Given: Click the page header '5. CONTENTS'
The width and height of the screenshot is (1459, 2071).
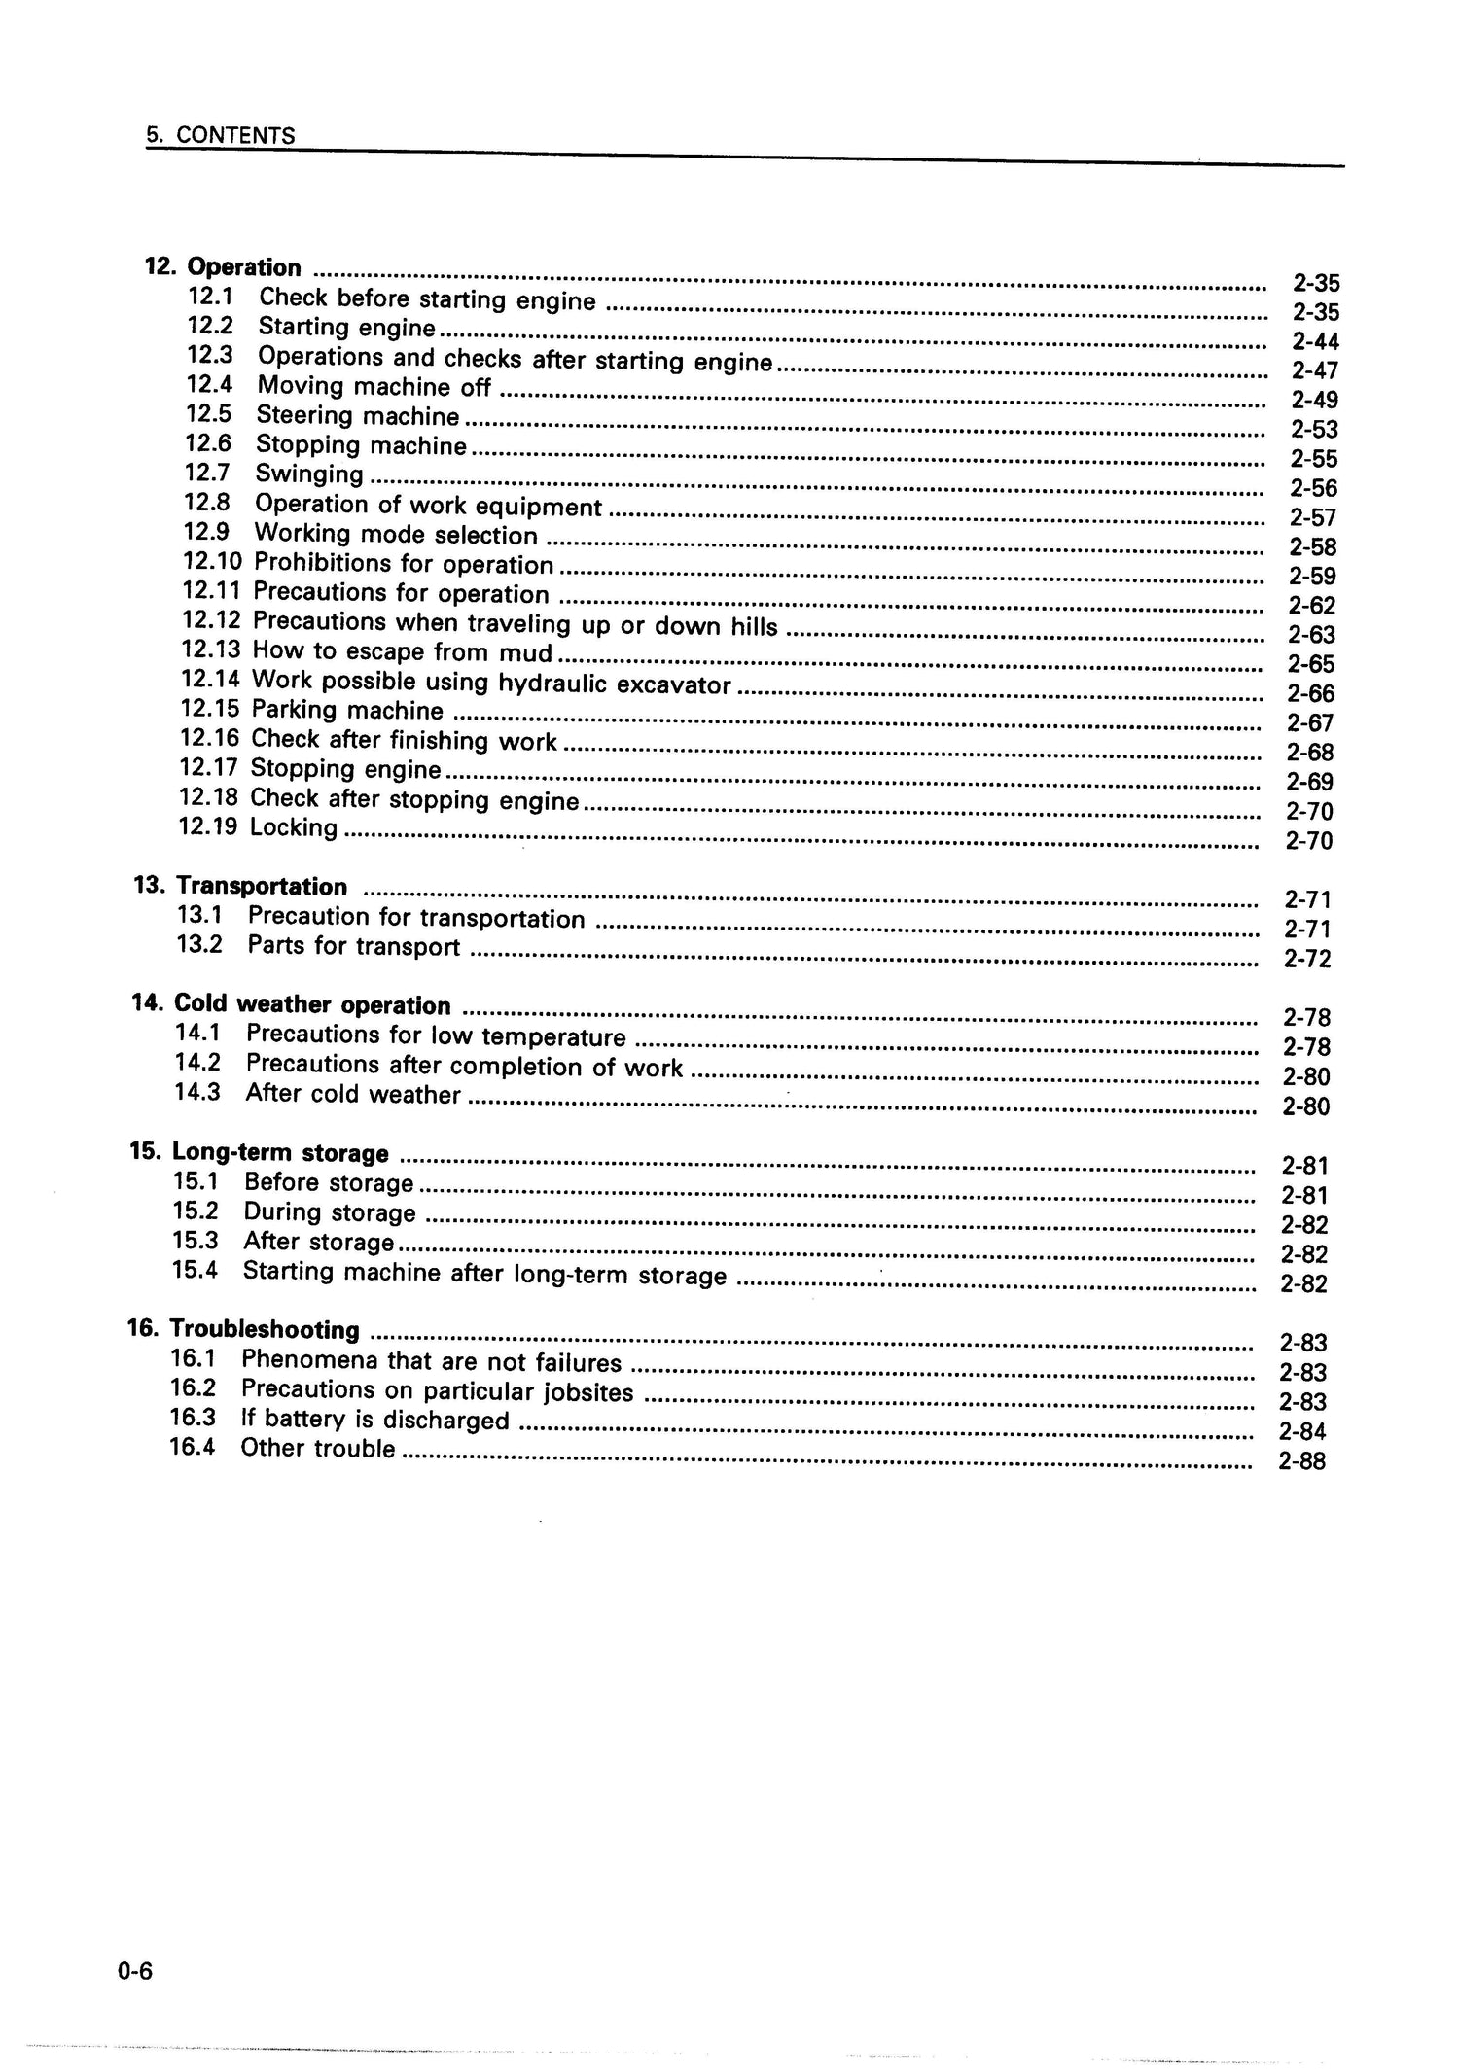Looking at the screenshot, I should [221, 135].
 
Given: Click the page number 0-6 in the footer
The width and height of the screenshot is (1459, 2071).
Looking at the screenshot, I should [135, 1971].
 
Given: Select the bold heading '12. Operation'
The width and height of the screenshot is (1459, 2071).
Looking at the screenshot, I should [224, 267].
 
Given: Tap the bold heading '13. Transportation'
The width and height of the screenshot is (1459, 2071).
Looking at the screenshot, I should [240, 887].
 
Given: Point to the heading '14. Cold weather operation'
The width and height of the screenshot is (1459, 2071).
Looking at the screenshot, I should [291, 1004].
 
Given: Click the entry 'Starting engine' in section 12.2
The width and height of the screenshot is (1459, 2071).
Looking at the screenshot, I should [346, 328].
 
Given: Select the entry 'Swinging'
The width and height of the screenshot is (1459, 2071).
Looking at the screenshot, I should [309, 474].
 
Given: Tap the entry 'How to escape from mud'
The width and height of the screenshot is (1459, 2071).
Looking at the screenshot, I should [402, 651].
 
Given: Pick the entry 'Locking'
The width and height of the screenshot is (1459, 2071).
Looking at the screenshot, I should [294, 827].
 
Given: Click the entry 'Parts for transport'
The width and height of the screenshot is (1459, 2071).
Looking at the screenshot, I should [353, 946].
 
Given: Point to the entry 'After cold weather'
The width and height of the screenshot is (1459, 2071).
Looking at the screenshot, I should [352, 1094].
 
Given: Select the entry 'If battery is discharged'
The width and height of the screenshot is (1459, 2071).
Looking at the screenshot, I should [374, 1420].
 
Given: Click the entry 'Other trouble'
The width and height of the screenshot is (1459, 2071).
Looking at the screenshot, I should [318, 1448].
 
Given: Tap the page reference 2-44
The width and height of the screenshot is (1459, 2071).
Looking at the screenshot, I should [1315, 341].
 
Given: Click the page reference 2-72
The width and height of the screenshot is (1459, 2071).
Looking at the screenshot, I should [1307, 959].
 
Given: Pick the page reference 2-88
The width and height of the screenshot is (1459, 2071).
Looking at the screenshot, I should [1302, 1461].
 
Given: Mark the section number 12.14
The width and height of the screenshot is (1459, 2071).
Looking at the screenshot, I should [210, 680].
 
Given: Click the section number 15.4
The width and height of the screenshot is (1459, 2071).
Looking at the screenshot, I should [195, 1270].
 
